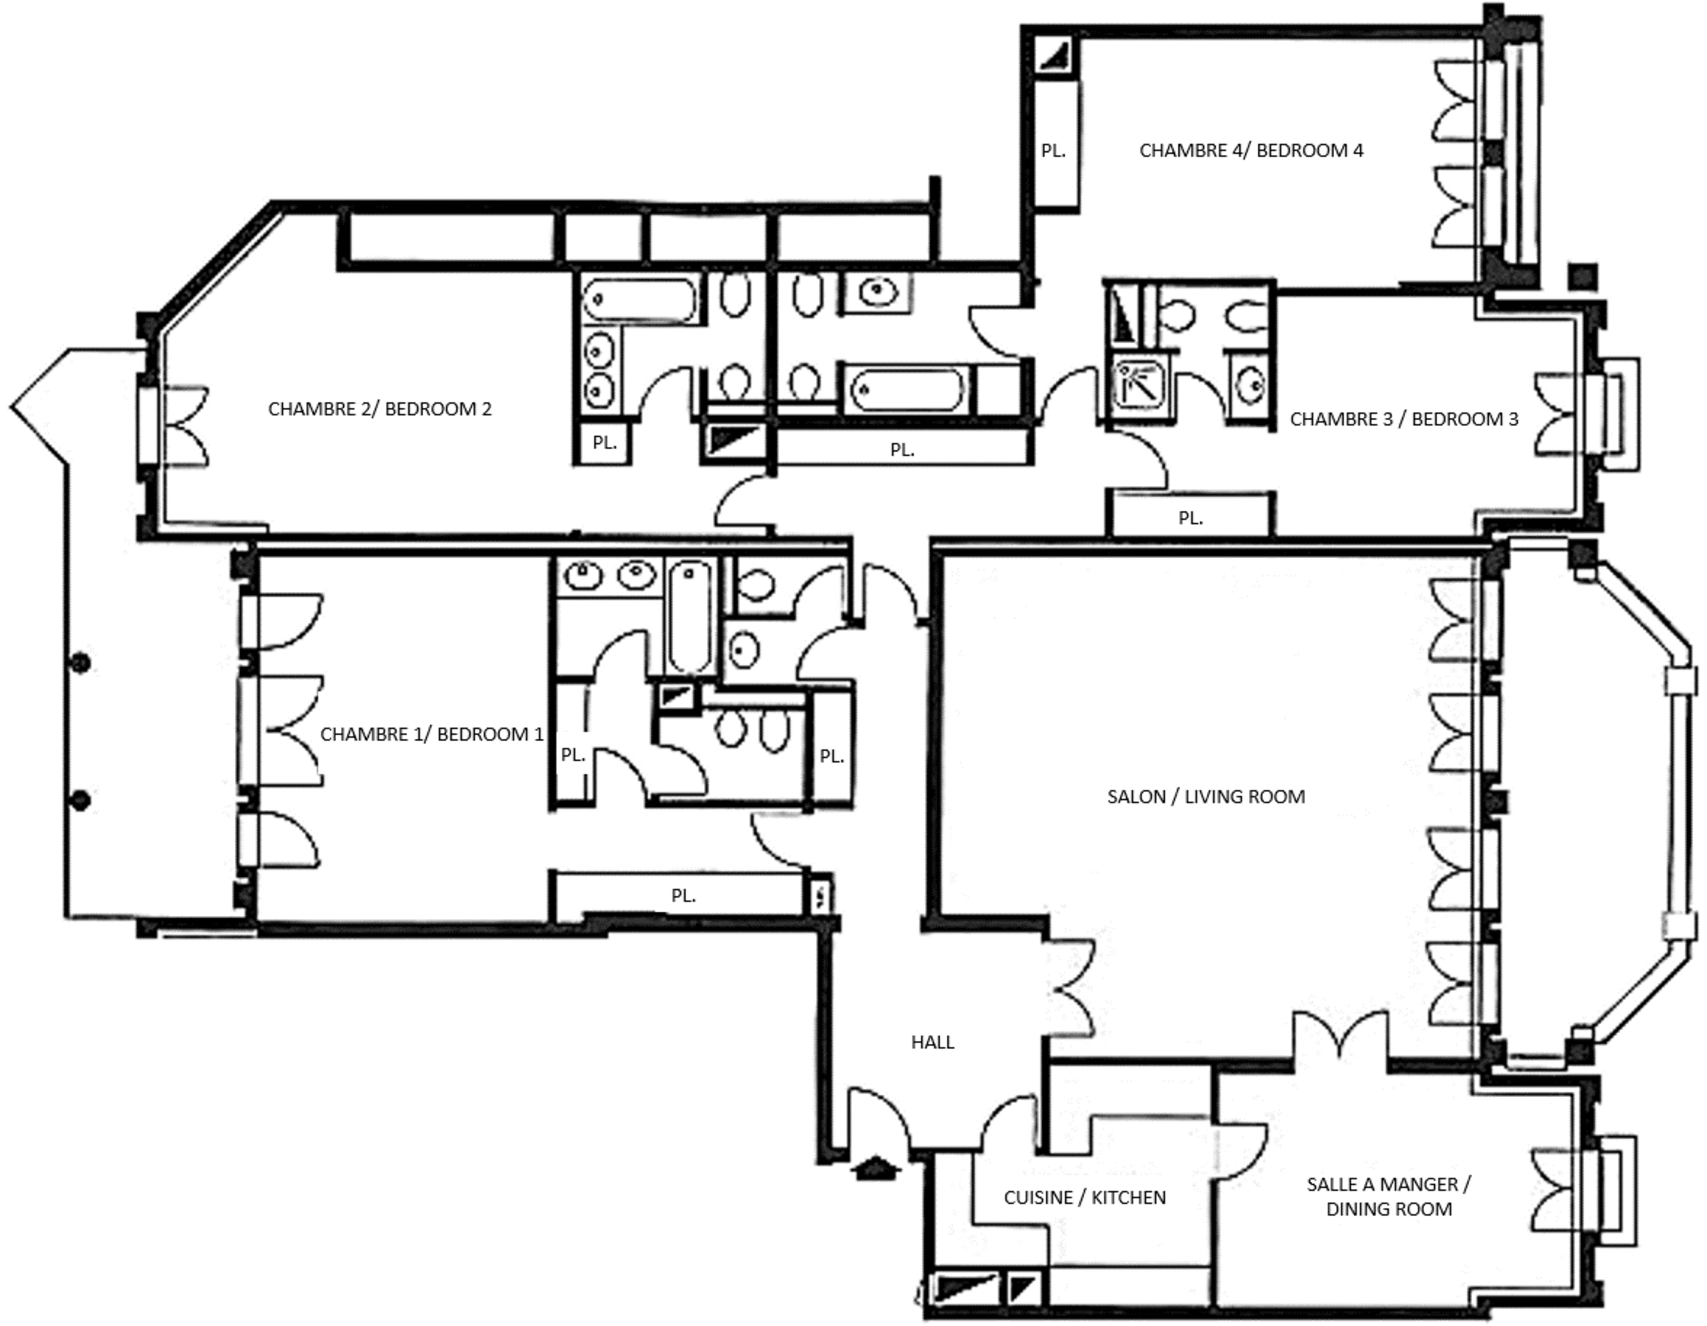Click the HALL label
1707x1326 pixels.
[933, 1041]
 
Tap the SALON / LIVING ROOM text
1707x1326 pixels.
[1206, 796]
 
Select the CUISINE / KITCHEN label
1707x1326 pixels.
[1085, 1197]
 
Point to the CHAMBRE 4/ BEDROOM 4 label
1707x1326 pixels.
[1251, 150]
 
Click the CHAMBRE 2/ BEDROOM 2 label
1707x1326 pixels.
[380, 409]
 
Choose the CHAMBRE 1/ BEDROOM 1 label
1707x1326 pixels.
[431, 734]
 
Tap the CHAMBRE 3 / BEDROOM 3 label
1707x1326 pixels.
[1404, 419]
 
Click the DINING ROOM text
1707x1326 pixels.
[1389, 1209]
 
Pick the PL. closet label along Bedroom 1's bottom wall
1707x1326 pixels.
[683, 895]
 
